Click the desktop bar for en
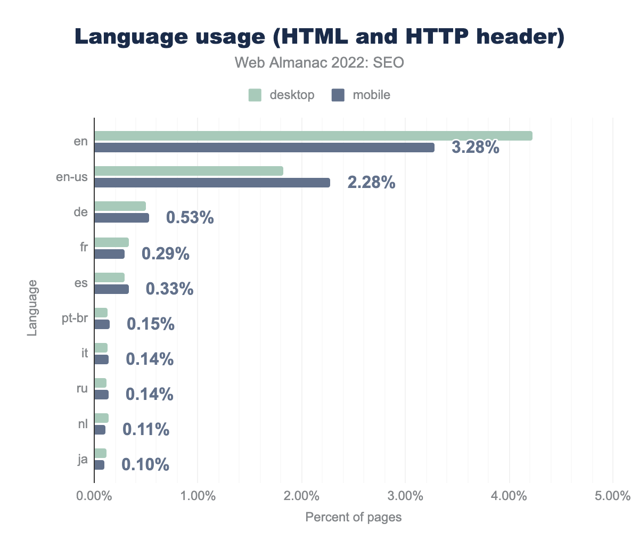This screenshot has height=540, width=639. click(x=313, y=136)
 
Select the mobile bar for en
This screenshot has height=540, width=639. click(x=264, y=148)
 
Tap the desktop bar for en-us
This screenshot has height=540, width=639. click(x=189, y=171)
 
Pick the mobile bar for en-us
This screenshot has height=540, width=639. click(x=212, y=183)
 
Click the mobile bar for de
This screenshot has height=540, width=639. click(x=121, y=218)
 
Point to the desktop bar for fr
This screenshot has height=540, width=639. click(x=111, y=242)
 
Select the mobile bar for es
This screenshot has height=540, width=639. click(x=111, y=289)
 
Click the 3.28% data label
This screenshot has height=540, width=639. click(x=475, y=148)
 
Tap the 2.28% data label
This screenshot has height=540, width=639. click(x=371, y=183)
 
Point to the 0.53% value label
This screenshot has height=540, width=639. click(x=190, y=218)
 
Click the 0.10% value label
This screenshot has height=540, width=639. click(x=145, y=465)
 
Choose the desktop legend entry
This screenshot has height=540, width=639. click(x=282, y=95)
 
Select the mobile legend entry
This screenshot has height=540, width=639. click(x=361, y=95)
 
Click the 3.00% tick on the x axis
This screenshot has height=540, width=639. click(x=406, y=497)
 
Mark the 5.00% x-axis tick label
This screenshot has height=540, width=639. click(x=613, y=497)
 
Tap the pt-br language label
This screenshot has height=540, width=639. click(x=75, y=319)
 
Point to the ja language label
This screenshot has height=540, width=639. click(x=82, y=459)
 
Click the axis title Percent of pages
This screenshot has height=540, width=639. click(x=353, y=517)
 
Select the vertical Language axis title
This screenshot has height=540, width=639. click(x=32, y=307)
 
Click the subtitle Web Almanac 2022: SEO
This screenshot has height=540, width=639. click(x=319, y=63)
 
